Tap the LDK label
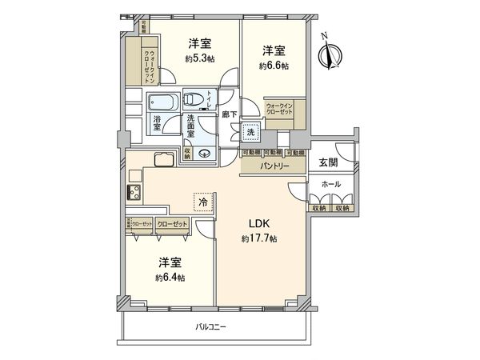click(x=258, y=222)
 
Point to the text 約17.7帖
click(x=258, y=239)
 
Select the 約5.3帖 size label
click(x=200, y=58)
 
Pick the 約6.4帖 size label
click(x=170, y=278)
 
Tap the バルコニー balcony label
click(x=210, y=327)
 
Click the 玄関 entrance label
click(x=328, y=162)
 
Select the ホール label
click(x=330, y=184)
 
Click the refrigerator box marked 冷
click(x=203, y=203)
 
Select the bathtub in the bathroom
click(x=163, y=102)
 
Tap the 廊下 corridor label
click(x=226, y=114)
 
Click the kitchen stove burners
click(x=133, y=193)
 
